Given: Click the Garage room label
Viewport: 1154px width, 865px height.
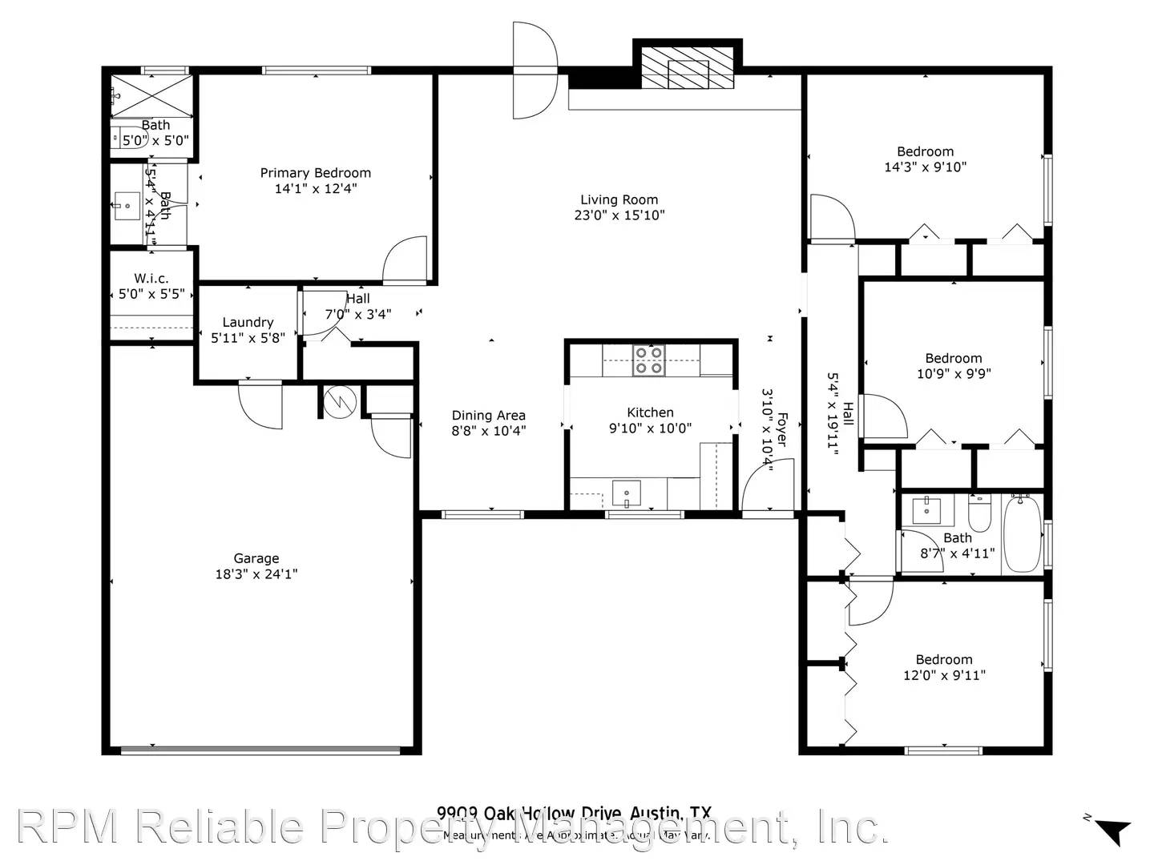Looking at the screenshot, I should [256, 558].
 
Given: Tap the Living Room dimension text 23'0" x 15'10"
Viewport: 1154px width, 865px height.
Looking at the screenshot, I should [619, 215].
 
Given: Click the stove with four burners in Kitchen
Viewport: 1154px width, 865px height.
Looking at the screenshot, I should [649, 360].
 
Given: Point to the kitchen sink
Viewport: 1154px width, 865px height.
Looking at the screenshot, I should [626, 493].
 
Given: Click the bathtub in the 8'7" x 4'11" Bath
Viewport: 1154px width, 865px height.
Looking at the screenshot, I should [1022, 533].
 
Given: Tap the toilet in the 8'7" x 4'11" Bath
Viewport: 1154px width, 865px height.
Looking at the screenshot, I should [980, 509].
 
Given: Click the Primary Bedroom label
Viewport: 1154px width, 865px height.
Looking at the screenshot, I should [315, 173].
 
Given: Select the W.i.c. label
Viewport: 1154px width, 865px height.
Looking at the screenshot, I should [151, 279].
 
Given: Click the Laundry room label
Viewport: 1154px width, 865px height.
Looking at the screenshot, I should [248, 322].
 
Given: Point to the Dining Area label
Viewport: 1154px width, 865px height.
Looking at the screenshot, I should [488, 415].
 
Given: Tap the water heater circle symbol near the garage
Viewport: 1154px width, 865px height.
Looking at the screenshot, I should [340, 401].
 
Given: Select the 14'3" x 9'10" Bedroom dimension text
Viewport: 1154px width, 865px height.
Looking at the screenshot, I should [925, 167].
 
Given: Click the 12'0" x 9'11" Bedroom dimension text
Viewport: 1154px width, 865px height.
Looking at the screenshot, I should [944, 675].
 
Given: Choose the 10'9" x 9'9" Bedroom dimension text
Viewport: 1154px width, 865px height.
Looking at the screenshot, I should [953, 373].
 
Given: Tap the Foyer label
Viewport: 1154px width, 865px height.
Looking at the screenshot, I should [781, 430].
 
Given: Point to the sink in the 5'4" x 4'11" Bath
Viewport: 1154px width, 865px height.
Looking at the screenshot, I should [127, 206].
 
